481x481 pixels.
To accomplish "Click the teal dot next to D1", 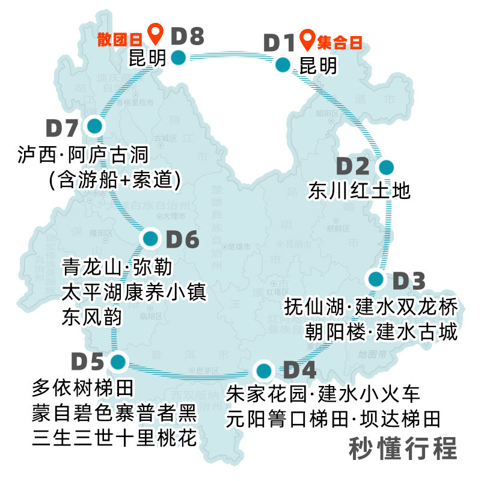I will coord(283,64).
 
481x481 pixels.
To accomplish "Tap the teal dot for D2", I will coord(385,167).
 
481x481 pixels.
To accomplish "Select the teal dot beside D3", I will coord(376,279).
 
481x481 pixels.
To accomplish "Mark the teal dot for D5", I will coord(118,362).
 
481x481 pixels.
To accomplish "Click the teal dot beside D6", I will coord(151,239).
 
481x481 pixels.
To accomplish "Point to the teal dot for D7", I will coord(94,126).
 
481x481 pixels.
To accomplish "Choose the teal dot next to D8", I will coord(177,58).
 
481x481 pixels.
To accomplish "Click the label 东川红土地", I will coord(359,191).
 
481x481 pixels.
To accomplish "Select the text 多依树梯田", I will coord(83,388).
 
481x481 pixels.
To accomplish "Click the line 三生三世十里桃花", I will coord(114,438).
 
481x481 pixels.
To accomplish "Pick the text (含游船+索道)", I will coord(115,180).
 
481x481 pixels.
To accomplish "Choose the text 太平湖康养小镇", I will coord(134,293).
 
